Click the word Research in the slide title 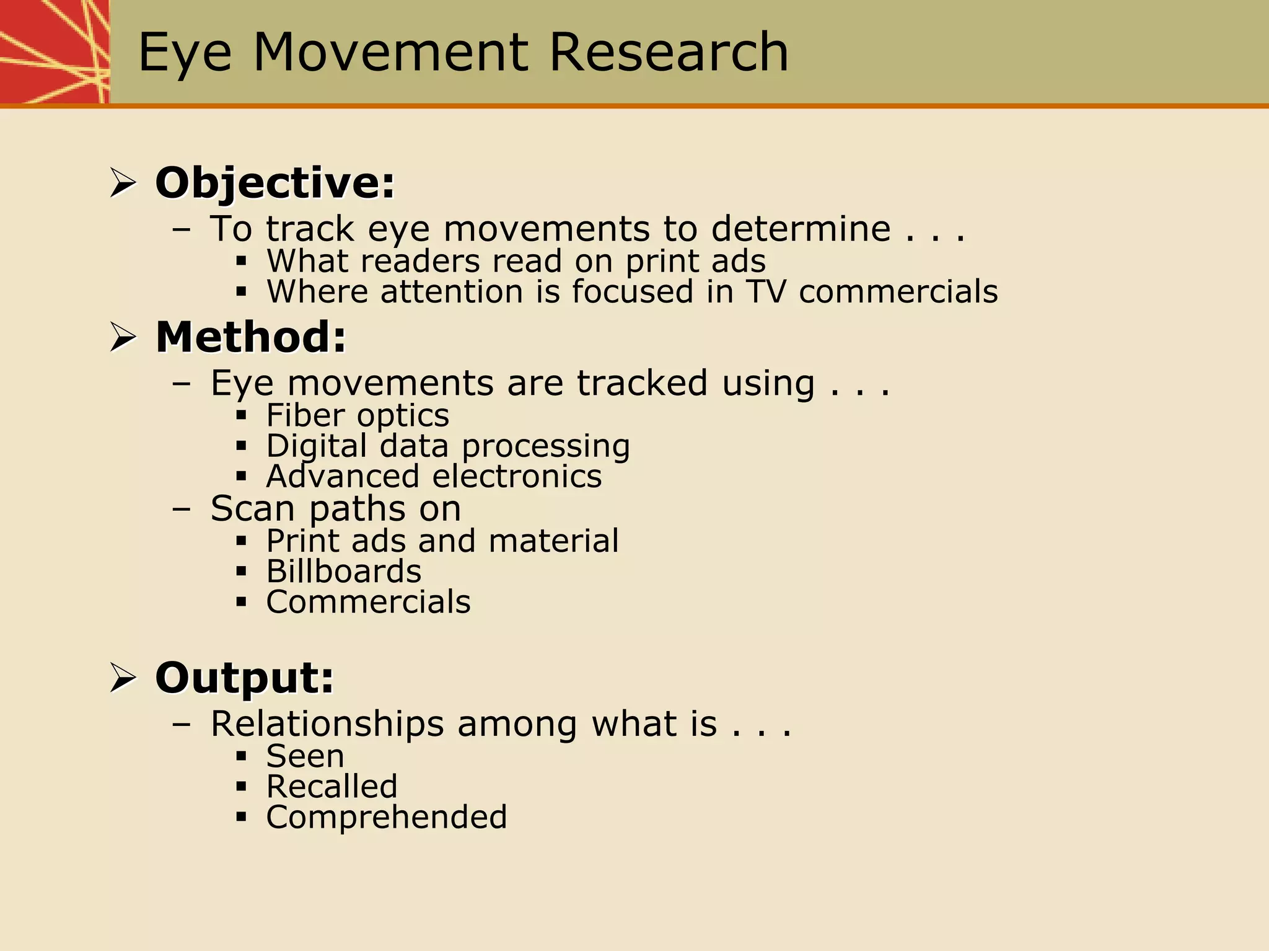669,53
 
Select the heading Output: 244,678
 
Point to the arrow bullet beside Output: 123,678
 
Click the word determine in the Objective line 801,229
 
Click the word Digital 317,446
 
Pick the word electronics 517,476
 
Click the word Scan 252,509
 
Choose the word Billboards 344,571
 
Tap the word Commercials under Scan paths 368,602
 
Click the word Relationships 327,723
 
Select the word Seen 305,756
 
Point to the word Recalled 332,787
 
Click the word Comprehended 386,817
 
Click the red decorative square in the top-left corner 55,51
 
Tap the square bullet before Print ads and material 242,541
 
